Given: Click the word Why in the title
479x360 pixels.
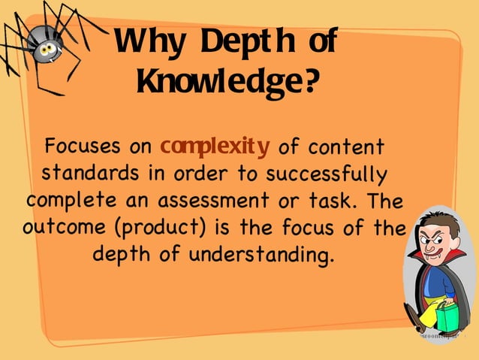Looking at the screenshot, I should pyautogui.click(x=146, y=44).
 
